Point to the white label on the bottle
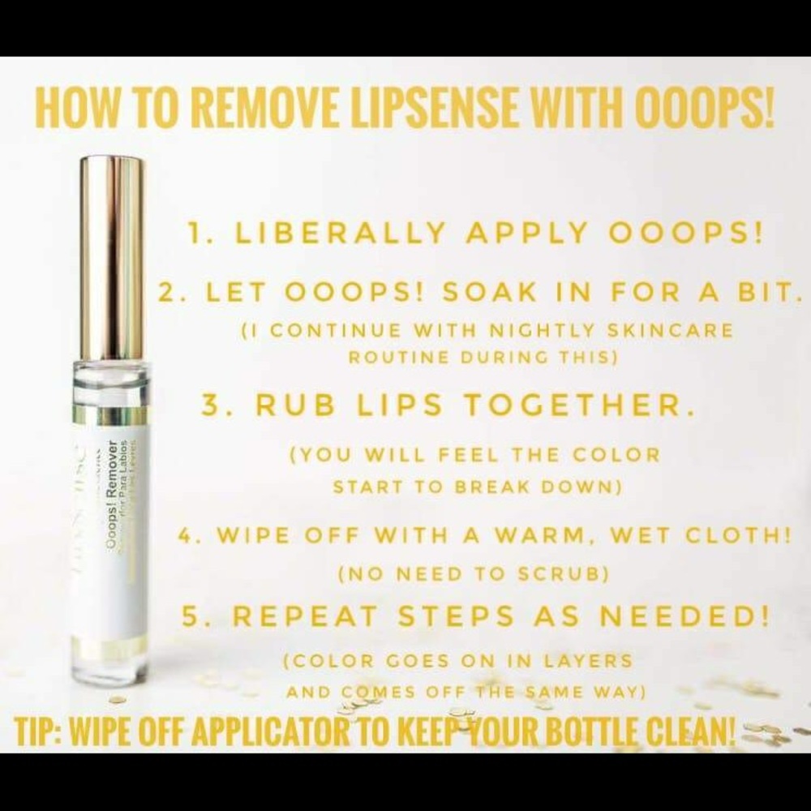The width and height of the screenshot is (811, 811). click(x=113, y=519)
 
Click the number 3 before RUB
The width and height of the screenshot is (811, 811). click(x=208, y=406)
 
